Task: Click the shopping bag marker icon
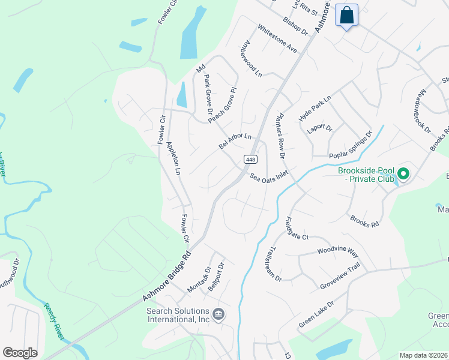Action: click(347, 15)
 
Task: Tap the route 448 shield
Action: click(250, 159)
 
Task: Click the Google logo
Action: click(20, 353)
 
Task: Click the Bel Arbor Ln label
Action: click(235, 142)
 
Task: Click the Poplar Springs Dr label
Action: click(351, 145)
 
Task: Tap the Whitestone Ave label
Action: click(277, 38)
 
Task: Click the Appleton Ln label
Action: click(173, 158)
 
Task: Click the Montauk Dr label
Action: click(198, 279)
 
